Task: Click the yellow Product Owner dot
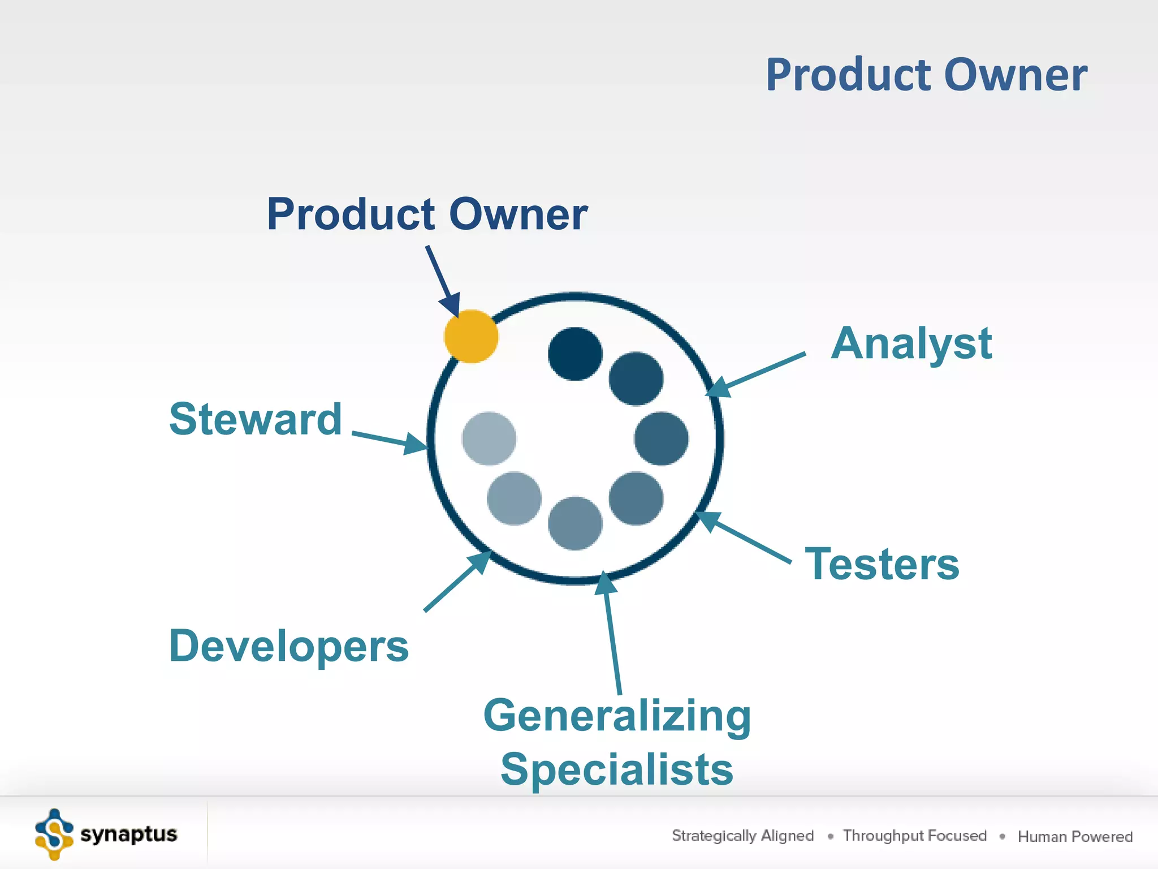(x=471, y=336)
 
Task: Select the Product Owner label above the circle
(x=427, y=214)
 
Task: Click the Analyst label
(x=911, y=343)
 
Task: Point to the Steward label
(x=256, y=419)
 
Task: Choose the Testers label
(x=882, y=564)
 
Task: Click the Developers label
(x=288, y=646)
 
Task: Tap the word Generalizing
(x=617, y=716)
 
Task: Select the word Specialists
(x=617, y=769)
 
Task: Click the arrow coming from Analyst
(x=758, y=373)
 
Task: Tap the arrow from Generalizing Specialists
(x=612, y=634)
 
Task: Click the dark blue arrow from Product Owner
(x=442, y=281)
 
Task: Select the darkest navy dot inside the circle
(x=575, y=354)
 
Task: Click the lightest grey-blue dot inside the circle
(x=489, y=438)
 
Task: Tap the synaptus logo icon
(x=54, y=834)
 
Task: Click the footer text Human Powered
(x=1075, y=836)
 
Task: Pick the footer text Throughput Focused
(x=914, y=836)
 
